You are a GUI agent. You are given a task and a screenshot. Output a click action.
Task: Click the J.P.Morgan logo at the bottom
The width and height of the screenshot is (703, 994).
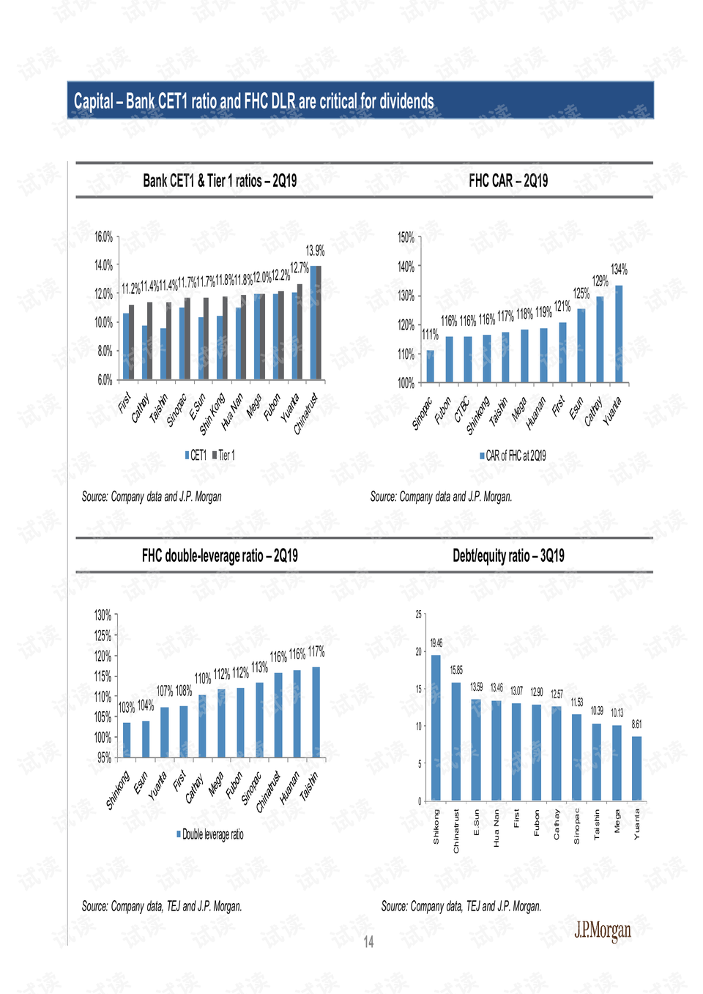click(x=602, y=930)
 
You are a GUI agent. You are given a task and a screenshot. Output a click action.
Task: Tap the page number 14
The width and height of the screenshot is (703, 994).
click(x=368, y=942)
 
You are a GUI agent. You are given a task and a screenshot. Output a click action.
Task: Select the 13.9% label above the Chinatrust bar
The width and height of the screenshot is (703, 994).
click(x=315, y=251)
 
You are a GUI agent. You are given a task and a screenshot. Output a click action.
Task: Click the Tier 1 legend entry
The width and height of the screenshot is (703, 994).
click(x=224, y=456)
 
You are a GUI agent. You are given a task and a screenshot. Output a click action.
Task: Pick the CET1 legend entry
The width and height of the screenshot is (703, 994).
click(x=196, y=456)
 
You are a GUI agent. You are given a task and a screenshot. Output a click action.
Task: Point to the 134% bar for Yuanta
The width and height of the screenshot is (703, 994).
click(x=619, y=334)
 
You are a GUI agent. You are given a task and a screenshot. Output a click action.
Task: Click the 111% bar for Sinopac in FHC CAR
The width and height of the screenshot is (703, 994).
click(x=430, y=366)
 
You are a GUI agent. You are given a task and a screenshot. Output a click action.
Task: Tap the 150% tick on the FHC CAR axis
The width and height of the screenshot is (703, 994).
click(x=406, y=237)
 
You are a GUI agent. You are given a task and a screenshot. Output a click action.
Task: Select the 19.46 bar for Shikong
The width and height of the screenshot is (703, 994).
click(x=436, y=727)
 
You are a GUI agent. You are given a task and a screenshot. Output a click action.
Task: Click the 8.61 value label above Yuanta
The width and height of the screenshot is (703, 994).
click(x=636, y=724)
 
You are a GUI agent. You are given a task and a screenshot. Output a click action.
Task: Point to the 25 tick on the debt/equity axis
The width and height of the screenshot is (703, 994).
click(x=419, y=615)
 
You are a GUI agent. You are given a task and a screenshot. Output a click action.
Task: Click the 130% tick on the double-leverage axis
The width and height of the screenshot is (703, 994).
click(x=103, y=615)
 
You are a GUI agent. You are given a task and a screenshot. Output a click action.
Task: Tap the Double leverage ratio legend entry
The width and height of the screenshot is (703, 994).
click(x=210, y=834)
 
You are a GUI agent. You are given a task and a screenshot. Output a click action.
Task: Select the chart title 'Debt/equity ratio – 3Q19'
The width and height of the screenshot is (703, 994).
click(x=508, y=556)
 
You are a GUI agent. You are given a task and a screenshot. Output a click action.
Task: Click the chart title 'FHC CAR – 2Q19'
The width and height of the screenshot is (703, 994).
click(x=508, y=181)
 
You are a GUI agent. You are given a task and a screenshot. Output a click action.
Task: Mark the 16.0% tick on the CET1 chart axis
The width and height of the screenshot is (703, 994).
click(x=103, y=237)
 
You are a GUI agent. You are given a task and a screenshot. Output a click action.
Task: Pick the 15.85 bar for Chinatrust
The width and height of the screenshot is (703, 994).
click(x=455, y=741)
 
